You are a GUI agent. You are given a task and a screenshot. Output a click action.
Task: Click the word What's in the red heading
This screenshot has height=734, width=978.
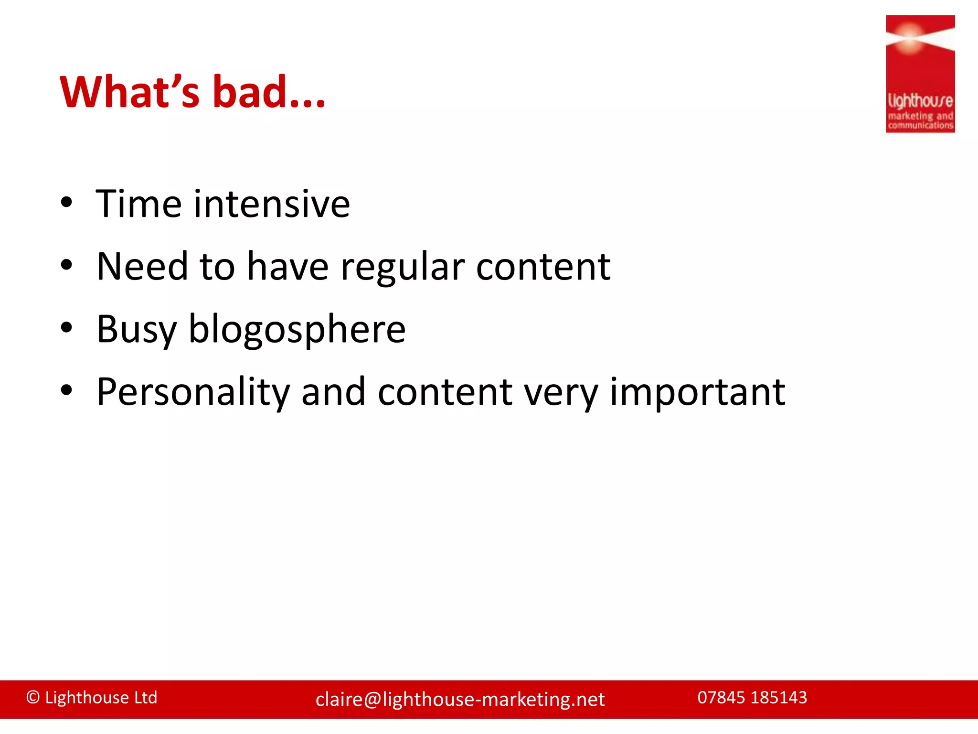[x=129, y=92]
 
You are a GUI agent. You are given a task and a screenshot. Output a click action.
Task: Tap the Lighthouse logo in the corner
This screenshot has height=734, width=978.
[x=920, y=74]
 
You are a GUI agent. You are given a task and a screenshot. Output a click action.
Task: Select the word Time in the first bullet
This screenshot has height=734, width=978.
[x=138, y=204]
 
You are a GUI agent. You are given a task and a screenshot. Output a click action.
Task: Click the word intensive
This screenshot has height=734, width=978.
[x=272, y=204]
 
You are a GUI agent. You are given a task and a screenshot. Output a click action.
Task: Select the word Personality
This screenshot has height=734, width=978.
[x=193, y=393]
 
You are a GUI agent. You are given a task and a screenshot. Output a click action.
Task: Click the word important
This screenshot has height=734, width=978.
[x=697, y=393]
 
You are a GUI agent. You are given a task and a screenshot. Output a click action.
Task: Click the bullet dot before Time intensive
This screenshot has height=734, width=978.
[x=66, y=203]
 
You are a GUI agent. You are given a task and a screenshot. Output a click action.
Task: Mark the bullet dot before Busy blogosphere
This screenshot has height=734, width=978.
[x=66, y=328]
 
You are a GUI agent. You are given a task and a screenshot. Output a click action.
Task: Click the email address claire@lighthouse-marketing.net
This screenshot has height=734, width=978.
[x=460, y=700]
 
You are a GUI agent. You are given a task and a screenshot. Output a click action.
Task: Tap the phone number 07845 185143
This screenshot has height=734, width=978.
[x=752, y=698]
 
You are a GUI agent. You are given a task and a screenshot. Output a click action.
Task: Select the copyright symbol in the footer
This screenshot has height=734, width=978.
[x=32, y=698]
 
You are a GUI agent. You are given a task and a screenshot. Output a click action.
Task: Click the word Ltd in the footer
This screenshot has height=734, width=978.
[x=145, y=698]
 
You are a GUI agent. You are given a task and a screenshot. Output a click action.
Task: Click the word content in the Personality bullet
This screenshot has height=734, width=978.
[x=445, y=393]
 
